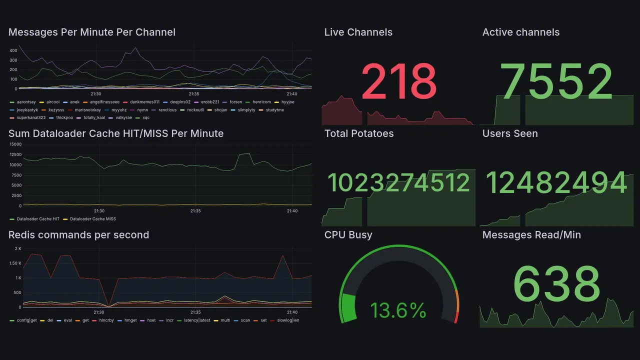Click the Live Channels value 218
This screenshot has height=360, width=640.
click(398, 81)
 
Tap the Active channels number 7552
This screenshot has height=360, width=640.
click(556, 81)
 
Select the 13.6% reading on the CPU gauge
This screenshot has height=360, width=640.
click(398, 310)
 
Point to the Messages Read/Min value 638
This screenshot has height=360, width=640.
click(556, 284)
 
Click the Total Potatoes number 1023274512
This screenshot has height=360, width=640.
click(398, 183)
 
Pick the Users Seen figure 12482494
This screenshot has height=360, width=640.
click(556, 183)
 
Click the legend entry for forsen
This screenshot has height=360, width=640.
click(235, 102)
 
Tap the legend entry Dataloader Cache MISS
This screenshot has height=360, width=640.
click(92, 219)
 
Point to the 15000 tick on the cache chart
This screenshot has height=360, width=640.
click(15, 144)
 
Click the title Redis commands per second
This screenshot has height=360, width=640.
click(78, 235)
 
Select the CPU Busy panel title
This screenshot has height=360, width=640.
click(348, 235)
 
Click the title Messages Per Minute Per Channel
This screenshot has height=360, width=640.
click(92, 32)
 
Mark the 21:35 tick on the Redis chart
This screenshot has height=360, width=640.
click(195, 312)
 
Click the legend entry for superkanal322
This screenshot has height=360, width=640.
click(30, 118)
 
